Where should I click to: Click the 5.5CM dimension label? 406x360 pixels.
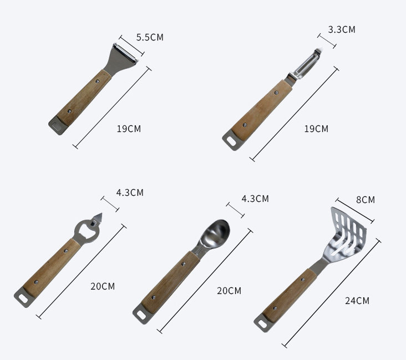[x=150, y=37]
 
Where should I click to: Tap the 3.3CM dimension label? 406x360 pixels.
[x=342, y=29]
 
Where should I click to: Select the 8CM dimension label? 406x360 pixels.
[x=366, y=200]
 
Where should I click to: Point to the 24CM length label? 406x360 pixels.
[x=357, y=301]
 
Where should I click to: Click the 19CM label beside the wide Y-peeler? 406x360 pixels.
[x=129, y=129]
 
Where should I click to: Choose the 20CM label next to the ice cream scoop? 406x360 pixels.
[x=229, y=291]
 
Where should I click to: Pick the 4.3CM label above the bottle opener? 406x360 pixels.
[x=130, y=192]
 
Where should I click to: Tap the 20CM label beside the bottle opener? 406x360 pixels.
[x=103, y=286]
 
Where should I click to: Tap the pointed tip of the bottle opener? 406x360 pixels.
[x=101, y=214]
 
